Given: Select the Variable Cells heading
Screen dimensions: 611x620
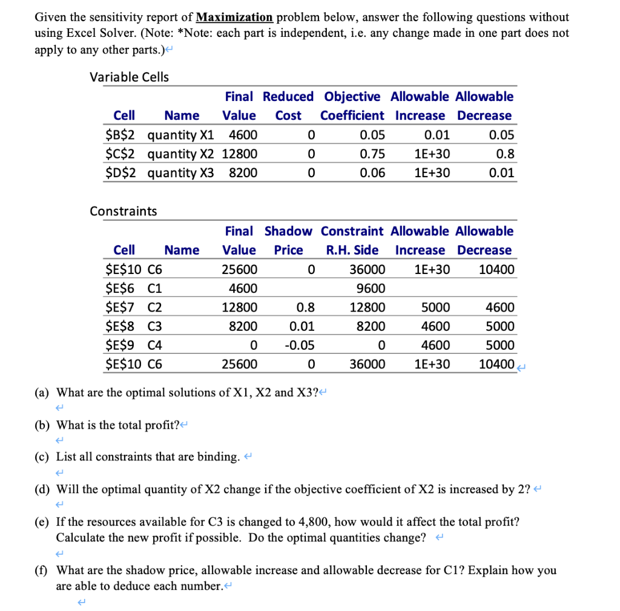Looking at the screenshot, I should coord(129,77).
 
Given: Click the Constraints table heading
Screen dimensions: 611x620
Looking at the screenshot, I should coord(123,211).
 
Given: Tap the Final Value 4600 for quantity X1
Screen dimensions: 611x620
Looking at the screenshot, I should coord(243,134).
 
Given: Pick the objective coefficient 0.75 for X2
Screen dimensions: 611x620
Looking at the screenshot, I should coord(372,154).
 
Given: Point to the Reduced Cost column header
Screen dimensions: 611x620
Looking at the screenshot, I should coord(288,106).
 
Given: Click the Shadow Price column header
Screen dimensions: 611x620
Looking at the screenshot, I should coord(288,240).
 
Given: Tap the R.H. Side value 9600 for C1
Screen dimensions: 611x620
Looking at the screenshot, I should coord(369,288).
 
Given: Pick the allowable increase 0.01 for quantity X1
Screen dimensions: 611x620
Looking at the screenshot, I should coord(437,134).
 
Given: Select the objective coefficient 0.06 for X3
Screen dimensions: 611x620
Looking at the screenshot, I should coord(372,173).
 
